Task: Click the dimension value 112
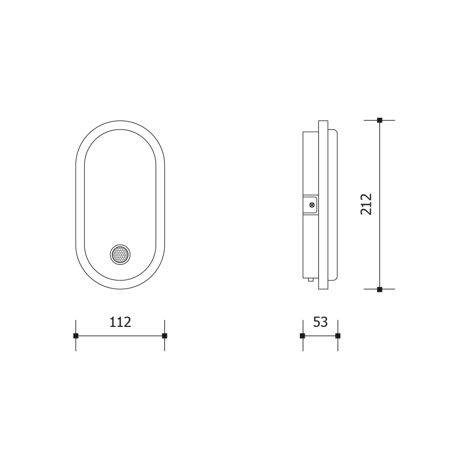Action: click(x=120, y=322)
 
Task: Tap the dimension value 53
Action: click(x=320, y=322)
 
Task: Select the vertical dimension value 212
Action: click(x=367, y=204)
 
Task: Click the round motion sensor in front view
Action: click(x=120, y=254)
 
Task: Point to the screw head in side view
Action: click(x=312, y=205)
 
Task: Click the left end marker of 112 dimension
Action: click(x=76, y=336)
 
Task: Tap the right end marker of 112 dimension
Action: click(x=164, y=336)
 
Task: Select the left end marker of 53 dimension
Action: click(x=302, y=336)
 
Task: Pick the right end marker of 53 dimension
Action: click(x=338, y=336)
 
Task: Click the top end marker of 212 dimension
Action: click(x=379, y=120)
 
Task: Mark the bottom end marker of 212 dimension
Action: click(x=379, y=290)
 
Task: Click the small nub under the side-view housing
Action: click(x=311, y=280)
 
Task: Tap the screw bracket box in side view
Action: click(x=310, y=204)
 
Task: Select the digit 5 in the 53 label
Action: click(x=317, y=322)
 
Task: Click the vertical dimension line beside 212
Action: click(x=379, y=243)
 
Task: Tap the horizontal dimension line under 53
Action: click(x=320, y=336)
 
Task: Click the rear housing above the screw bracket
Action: click(x=310, y=162)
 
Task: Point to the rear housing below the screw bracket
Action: click(x=310, y=246)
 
